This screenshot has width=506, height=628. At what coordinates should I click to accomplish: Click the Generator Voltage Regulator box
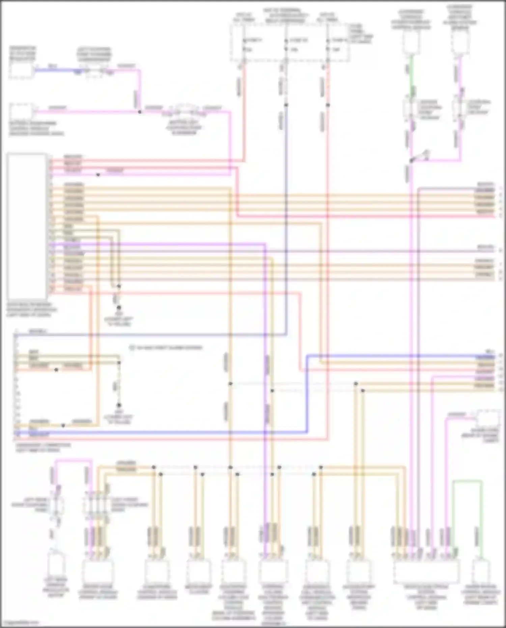[x=21, y=71]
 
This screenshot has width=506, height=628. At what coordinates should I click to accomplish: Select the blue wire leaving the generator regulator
[x=54, y=70]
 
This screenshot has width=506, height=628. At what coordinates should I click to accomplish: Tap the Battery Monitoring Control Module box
[x=21, y=112]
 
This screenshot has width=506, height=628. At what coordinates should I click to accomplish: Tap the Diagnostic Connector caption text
[x=43, y=447]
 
